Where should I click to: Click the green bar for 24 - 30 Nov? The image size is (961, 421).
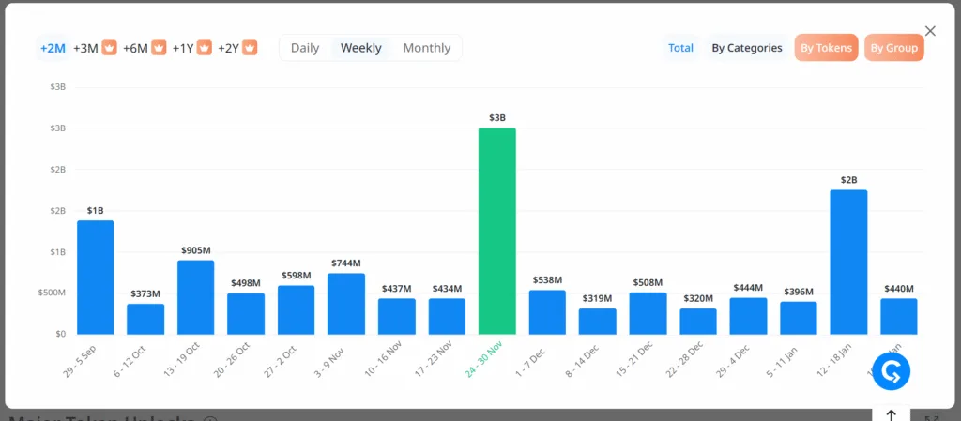pos(496,231)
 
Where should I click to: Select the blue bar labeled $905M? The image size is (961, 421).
pos(195,296)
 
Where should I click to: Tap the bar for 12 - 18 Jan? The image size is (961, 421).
pos(848,262)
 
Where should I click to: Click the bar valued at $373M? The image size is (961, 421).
pos(145,319)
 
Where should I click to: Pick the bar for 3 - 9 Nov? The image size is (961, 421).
pos(345,303)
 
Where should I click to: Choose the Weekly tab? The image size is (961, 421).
pos(360,48)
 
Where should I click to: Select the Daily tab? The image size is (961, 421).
pos(305,48)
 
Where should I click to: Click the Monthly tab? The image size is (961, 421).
pos(426,48)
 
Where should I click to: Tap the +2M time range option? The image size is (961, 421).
pos(53,48)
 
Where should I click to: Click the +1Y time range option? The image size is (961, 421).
pos(184,48)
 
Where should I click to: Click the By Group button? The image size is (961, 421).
pos(893,48)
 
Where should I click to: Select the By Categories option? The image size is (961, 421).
pos(746,48)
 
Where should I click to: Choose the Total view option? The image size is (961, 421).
pos(680,48)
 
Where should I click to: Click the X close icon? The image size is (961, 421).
pos(930,31)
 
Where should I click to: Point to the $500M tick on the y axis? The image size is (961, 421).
pos(51,293)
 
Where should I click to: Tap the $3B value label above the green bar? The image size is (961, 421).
pos(496,118)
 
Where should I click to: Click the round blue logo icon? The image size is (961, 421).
pos(891,371)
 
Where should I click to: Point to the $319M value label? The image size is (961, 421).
pos(597,298)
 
